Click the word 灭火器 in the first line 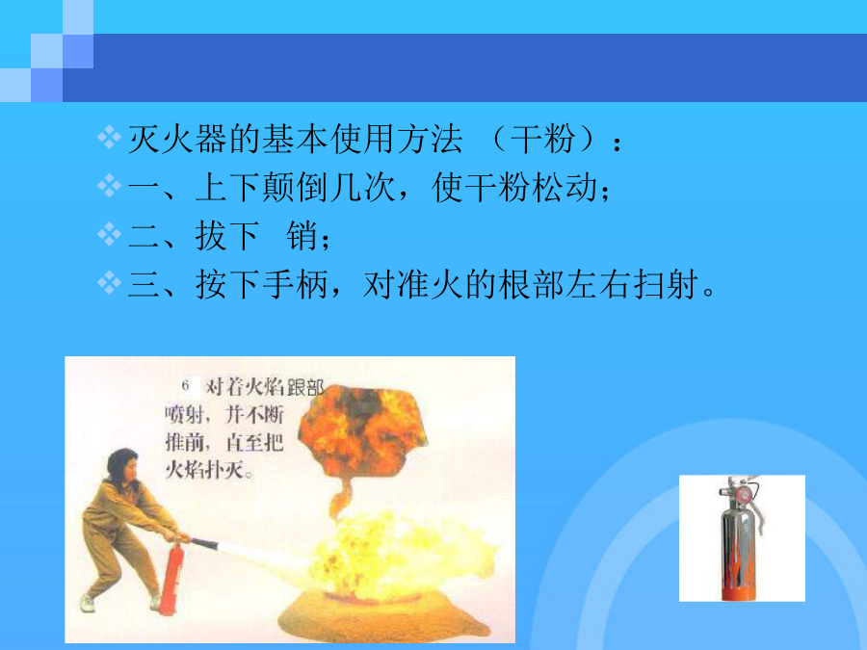pyautogui.click(x=177, y=139)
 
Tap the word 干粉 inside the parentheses pyautogui.click(x=542, y=139)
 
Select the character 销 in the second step pyautogui.click(x=302, y=236)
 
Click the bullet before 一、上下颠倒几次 pyautogui.click(x=109, y=186)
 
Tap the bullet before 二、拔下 pyautogui.click(x=109, y=234)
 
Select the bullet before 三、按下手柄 pyautogui.click(x=109, y=283)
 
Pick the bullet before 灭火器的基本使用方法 pyautogui.click(x=109, y=137)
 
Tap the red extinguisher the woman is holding pyautogui.click(x=171, y=578)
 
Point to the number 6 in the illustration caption pyautogui.click(x=185, y=385)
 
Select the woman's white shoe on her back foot pyautogui.click(x=87, y=603)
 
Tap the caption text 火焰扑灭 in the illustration pyautogui.click(x=204, y=470)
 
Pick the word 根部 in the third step pyautogui.click(x=532, y=285)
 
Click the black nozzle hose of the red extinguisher pyautogui.click(x=203, y=543)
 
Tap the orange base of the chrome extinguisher pyautogui.click(x=740, y=592)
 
